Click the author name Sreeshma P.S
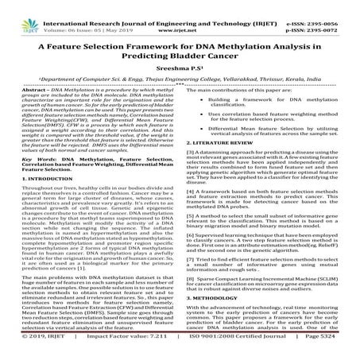(x=180, y=68)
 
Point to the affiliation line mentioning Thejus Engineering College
(x=180, y=80)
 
